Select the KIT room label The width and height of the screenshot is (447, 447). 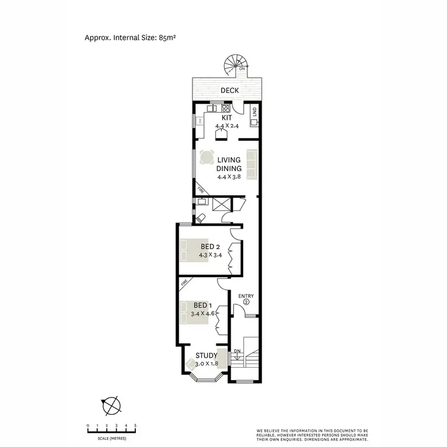(x=226, y=118)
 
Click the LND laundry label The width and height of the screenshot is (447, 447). (x=254, y=111)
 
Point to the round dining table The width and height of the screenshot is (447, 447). (x=207, y=157)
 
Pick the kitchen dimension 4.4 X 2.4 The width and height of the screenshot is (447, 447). (x=226, y=126)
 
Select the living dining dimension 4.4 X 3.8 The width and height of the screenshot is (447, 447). (x=229, y=177)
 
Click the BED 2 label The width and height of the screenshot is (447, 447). (x=210, y=247)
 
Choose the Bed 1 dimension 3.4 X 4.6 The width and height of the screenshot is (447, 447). (x=203, y=313)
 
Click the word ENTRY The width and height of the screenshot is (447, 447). (x=246, y=296)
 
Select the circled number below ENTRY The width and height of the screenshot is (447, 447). (x=246, y=303)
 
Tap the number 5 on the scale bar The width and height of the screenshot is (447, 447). (x=135, y=425)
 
